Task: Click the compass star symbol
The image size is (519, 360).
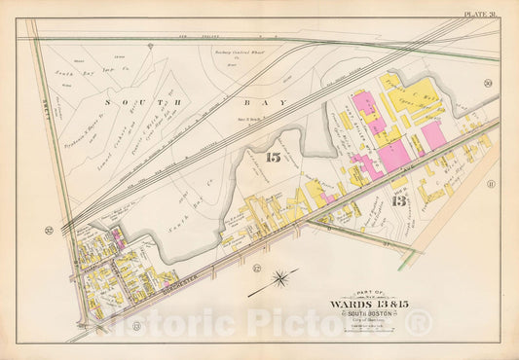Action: [x=280, y=282]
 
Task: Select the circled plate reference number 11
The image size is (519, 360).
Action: [x=492, y=183]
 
